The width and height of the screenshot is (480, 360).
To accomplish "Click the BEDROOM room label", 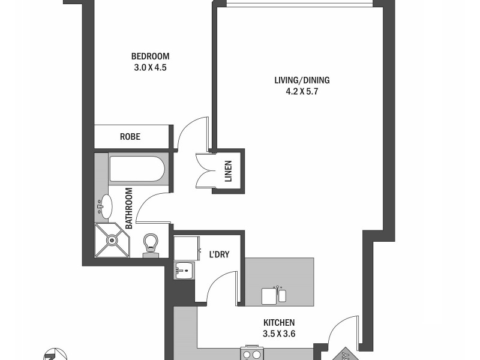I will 150,57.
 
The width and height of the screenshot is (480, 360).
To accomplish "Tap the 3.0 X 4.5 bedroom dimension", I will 150,68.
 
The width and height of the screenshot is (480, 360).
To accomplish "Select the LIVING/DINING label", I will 302,80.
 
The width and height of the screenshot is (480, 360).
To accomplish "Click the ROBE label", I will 130,137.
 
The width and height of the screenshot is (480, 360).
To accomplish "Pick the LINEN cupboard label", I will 229,171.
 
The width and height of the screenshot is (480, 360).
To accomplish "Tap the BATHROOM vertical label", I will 128,208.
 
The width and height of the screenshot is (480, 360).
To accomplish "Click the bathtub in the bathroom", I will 136,169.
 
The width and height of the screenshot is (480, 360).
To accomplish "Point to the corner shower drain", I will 111,240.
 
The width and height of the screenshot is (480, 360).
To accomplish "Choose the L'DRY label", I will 218,255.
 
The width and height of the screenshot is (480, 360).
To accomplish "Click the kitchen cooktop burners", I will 251,354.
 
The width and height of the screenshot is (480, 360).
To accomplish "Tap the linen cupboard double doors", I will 204,170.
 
